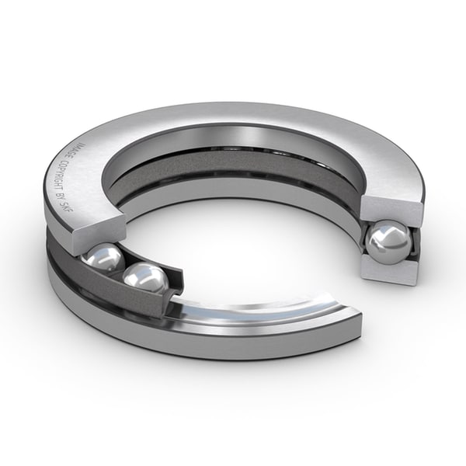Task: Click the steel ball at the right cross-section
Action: click(x=388, y=242)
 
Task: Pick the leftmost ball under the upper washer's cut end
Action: click(x=103, y=259)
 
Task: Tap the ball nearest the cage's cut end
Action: click(x=146, y=277)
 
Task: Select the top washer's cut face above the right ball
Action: click(x=390, y=210)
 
